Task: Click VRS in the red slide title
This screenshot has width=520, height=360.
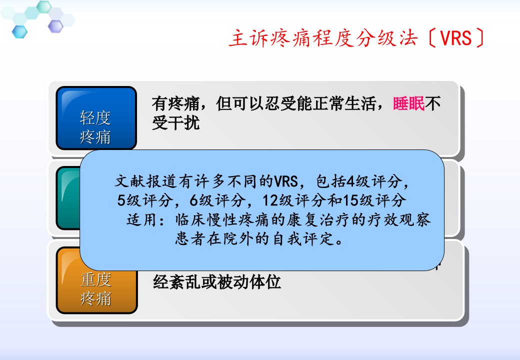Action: [456, 38]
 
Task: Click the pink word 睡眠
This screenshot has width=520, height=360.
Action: [408, 104]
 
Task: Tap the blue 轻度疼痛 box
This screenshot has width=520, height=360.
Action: [96, 118]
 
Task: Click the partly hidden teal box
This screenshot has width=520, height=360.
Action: [68, 198]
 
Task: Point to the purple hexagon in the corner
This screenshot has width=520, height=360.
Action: [55, 26]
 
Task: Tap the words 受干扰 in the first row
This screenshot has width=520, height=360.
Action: [176, 123]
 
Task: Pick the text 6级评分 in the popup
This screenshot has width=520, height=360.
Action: [217, 200]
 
